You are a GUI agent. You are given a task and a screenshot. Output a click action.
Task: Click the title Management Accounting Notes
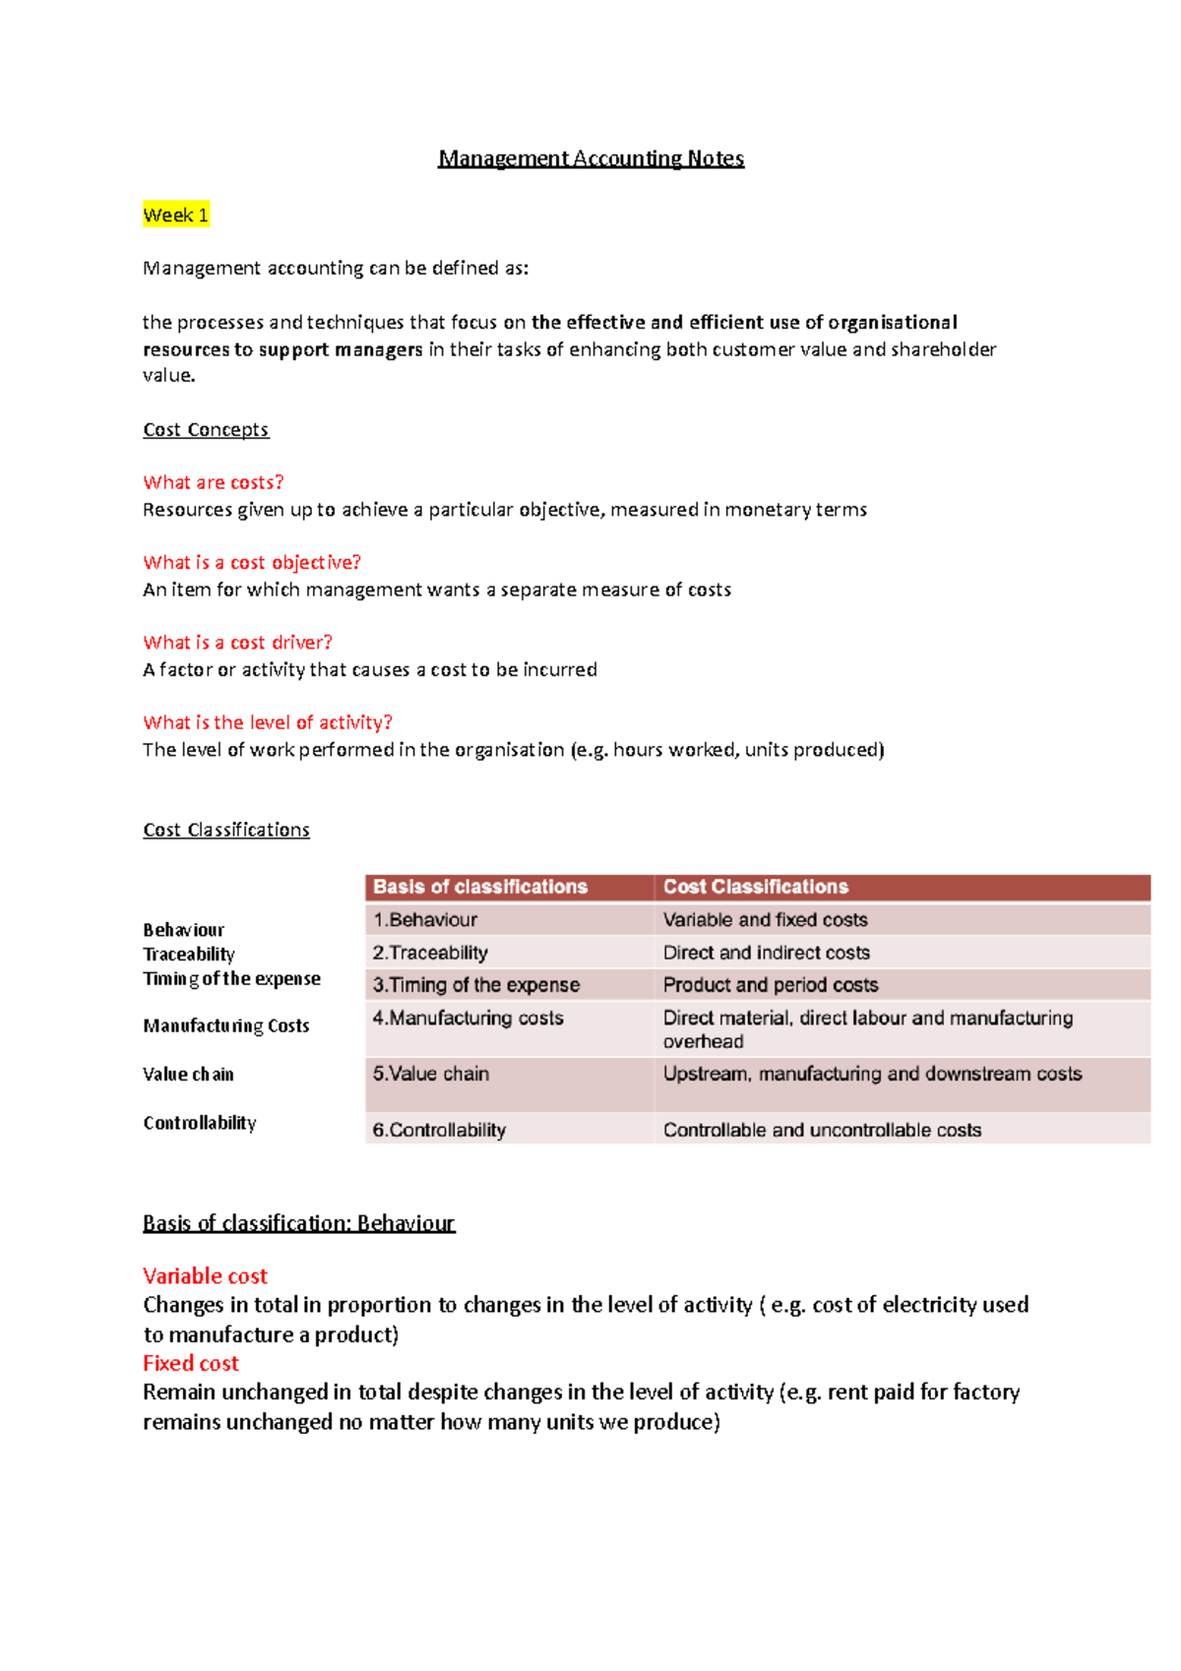(590, 158)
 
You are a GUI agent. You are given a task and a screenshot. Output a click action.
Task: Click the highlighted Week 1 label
(175, 216)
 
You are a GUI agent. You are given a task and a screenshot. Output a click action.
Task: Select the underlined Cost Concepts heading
(206, 430)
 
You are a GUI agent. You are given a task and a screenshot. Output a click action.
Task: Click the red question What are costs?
(213, 482)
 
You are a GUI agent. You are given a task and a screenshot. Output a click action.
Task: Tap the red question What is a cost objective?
(251, 562)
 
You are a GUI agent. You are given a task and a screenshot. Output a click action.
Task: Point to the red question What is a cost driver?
(237, 643)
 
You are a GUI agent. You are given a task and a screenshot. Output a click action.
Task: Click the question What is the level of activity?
(267, 722)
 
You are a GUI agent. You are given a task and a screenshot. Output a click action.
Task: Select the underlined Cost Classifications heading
(226, 830)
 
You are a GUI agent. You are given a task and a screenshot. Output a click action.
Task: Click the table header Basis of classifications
(480, 887)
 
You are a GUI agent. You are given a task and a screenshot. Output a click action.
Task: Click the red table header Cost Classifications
(755, 887)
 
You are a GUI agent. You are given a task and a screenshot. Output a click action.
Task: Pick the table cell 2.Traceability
(430, 953)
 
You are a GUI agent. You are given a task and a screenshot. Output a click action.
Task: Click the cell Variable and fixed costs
(765, 920)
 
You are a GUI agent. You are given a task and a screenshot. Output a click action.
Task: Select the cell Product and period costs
(770, 985)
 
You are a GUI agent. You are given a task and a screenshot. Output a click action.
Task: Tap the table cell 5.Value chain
(430, 1074)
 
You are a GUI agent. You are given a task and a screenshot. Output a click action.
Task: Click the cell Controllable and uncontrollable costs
(822, 1130)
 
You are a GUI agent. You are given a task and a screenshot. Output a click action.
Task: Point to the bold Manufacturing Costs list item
(225, 1025)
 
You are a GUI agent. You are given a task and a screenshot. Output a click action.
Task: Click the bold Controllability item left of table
(199, 1123)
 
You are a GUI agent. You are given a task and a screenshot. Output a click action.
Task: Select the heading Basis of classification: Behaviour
(298, 1223)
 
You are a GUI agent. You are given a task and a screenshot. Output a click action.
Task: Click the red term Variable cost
(205, 1276)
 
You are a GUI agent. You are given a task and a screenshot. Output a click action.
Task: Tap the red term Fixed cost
(190, 1364)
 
